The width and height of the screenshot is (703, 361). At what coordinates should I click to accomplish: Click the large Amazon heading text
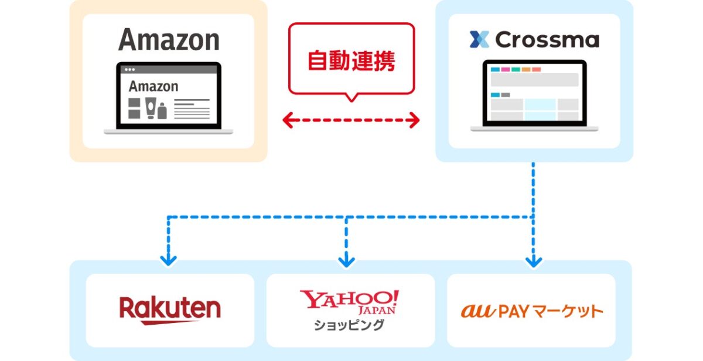click(x=169, y=40)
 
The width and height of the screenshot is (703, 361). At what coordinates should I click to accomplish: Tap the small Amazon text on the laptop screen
click(x=153, y=87)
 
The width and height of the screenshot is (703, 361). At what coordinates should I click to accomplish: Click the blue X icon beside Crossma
click(x=480, y=40)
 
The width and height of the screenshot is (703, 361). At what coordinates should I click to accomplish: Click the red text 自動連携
click(x=351, y=60)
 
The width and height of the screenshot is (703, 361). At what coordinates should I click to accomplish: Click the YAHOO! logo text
click(x=349, y=300)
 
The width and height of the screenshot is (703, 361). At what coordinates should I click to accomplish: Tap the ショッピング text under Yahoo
click(x=350, y=325)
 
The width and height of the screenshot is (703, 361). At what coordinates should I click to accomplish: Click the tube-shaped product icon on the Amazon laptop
click(x=151, y=108)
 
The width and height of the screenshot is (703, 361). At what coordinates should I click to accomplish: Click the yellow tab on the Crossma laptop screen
click(x=525, y=70)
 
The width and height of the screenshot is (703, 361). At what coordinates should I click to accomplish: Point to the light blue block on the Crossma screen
click(x=540, y=109)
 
